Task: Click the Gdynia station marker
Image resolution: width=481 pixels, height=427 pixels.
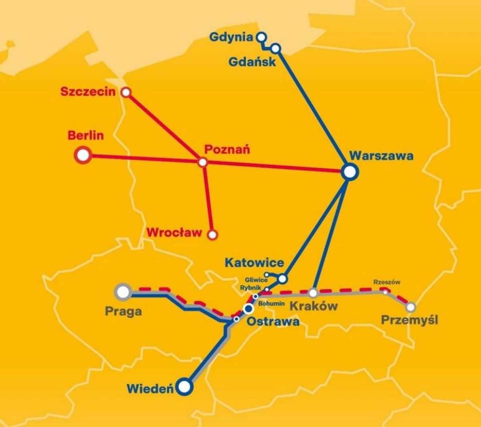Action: point(261,37)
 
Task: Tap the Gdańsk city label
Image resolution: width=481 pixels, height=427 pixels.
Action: point(252,61)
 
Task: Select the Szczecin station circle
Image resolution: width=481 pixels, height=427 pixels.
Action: point(126,93)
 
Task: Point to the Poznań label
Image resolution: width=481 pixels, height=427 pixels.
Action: point(227,149)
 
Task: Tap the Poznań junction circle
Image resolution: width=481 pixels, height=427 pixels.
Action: point(203,162)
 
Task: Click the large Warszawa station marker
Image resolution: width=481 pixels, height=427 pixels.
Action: point(349,171)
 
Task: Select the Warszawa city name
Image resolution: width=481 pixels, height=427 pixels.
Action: point(381,155)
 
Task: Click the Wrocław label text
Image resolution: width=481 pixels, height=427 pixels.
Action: point(174,232)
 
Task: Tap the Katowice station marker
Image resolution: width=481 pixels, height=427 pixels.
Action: point(283,278)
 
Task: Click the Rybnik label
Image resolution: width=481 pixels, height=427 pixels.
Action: point(251,288)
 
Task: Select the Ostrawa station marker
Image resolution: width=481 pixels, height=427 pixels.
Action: point(249,308)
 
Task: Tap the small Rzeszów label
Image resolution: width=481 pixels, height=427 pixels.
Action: point(387,282)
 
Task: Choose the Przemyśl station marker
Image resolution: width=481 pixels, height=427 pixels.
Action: point(410,308)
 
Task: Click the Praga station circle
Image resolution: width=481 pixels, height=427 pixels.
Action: point(123,292)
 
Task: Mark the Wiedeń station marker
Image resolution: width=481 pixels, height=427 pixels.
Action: point(185,387)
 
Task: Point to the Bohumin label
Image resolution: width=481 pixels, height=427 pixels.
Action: point(272,304)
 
